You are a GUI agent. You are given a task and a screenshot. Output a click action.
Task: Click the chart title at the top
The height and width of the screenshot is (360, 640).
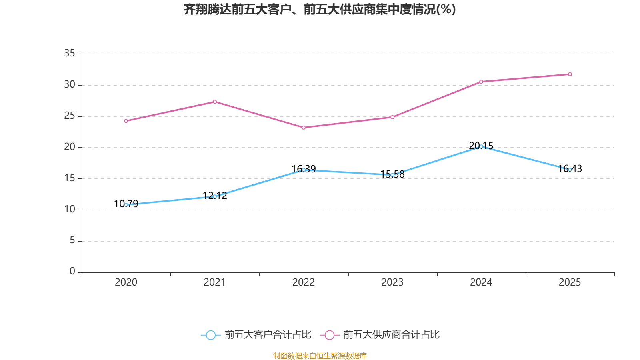(x=320, y=9)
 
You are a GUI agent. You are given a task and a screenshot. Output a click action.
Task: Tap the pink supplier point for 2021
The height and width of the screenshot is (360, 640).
(x=215, y=102)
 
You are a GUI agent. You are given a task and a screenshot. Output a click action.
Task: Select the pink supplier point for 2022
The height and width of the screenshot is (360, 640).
(x=304, y=128)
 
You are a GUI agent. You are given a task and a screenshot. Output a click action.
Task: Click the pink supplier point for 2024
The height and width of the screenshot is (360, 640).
(x=481, y=82)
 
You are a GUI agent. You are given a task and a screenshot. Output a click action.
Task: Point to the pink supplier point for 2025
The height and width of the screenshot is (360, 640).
(x=570, y=74)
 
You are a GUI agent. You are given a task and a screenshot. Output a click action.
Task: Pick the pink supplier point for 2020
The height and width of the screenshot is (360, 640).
(x=126, y=121)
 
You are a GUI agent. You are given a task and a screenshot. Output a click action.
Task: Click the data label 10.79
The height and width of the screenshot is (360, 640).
(x=126, y=204)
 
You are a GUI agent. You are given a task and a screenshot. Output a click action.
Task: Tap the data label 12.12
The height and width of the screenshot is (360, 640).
(x=215, y=196)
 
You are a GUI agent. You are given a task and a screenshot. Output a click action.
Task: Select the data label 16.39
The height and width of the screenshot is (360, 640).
(x=304, y=169)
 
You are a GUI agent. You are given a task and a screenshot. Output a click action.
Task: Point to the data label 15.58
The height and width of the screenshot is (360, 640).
(x=392, y=174)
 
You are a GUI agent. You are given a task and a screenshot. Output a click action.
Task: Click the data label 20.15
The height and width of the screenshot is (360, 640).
(x=481, y=146)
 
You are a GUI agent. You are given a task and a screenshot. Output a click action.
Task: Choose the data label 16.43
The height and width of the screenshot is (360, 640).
(x=570, y=169)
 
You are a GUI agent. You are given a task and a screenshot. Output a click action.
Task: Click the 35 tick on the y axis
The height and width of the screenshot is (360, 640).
(x=70, y=53)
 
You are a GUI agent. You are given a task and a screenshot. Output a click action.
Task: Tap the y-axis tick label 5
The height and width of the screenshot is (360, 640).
(x=72, y=240)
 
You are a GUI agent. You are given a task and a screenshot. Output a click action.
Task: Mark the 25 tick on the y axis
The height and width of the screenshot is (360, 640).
(x=70, y=116)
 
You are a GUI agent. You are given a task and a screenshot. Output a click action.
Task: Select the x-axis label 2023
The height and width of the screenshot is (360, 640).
(x=392, y=282)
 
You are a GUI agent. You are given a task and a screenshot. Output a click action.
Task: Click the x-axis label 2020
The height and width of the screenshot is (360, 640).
(x=126, y=282)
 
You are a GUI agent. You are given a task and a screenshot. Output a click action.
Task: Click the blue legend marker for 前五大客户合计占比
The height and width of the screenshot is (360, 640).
(x=210, y=335)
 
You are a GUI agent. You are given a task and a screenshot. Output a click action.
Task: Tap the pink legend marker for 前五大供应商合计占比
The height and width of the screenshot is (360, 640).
(x=329, y=335)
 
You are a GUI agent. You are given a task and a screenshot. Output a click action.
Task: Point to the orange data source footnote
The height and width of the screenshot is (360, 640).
(x=320, y=356)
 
